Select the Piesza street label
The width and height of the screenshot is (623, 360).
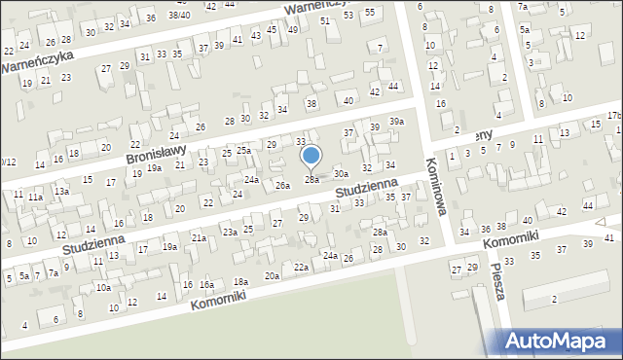point(497,281)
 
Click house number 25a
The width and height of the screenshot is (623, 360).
point(243,151)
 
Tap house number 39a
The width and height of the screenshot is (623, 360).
point(396,121)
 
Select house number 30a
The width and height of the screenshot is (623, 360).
point(341,173)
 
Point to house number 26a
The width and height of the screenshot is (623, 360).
point(282,185)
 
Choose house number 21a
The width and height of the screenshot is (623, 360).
point(199,237)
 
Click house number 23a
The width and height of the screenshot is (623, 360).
point(230,233)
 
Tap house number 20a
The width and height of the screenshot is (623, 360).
point(272,275)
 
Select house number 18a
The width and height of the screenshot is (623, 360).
point(240,281)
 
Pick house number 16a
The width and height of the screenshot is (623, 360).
point(206,285)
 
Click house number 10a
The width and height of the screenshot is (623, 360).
point(103,288)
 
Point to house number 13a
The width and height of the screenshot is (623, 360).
point(61,192)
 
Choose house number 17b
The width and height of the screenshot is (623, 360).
point(613,115)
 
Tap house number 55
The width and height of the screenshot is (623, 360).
point(370,12)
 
